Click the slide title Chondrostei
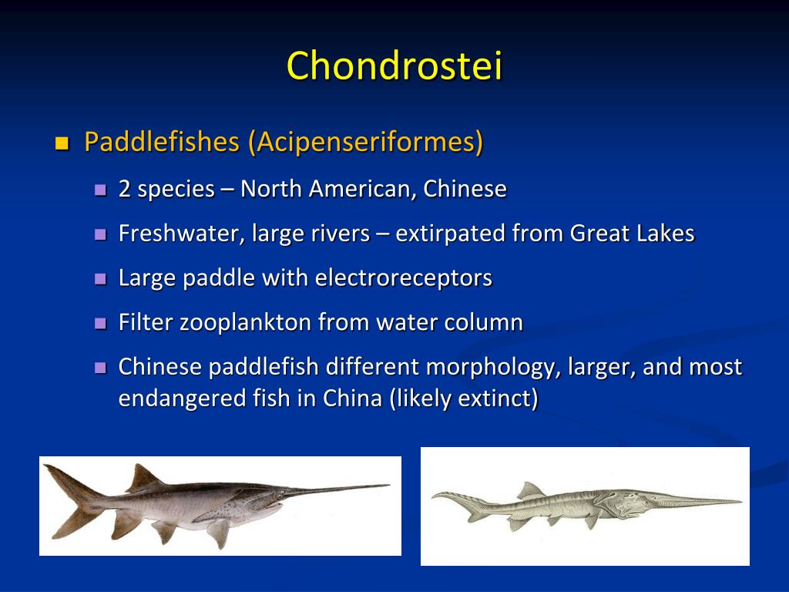pyautogui.click(x=394, y=66)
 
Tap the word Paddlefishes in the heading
pyautogui.click(x=161, y=142)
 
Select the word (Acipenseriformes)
pyautogui.click(x=366, y=142)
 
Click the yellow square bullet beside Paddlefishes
pyautogui.click(x=62, y=143)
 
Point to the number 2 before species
pyautogui.click(x=124, y=189)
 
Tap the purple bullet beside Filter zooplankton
pyautogui.click(x=99, y=323)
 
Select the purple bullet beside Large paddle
pyautogui.click(x=99, y=278)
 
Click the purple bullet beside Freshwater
pyautogui.click(x=99, y=234)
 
